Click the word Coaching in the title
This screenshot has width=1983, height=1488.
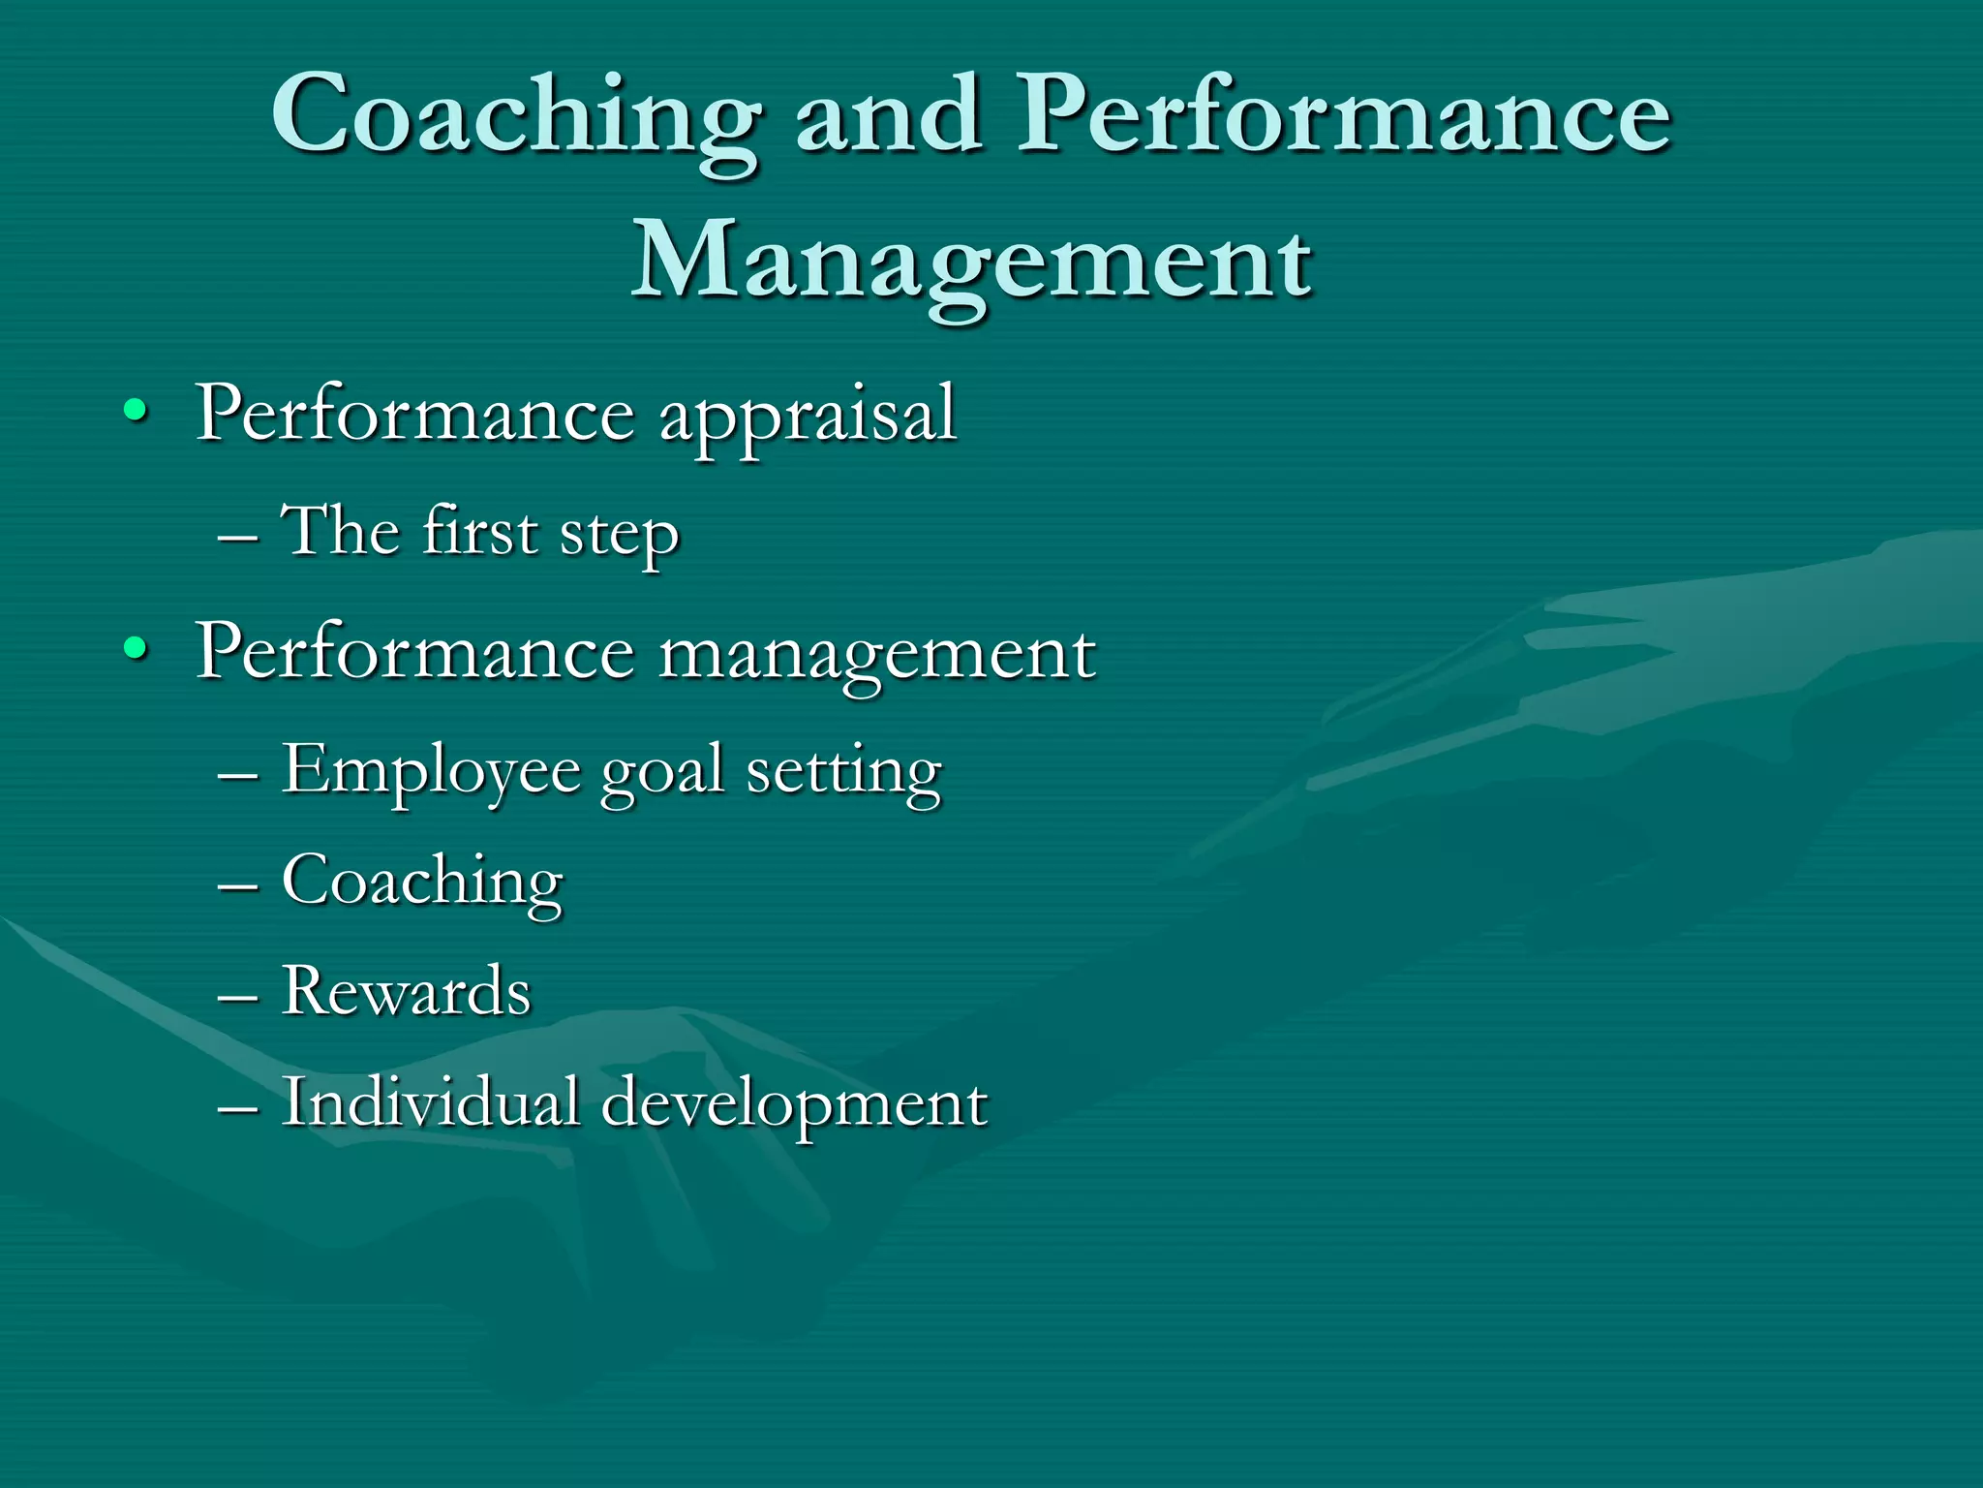pos(516,118)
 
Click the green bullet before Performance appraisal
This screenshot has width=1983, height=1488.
pos(136,411)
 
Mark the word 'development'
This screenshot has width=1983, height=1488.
pos(794,1105)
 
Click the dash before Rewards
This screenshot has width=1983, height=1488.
pos(238,995)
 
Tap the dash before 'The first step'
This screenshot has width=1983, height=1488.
pos(238,535)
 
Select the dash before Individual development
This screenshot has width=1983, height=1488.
pos(238,1106)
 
